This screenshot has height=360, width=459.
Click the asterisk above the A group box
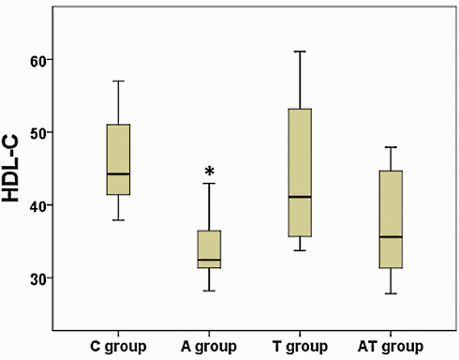pos(210,172)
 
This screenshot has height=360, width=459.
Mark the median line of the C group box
pos(118,173)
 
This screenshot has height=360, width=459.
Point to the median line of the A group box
pos(209,260)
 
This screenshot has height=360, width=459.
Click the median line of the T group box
pos(300,197)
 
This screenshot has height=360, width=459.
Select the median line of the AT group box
pos(391,237)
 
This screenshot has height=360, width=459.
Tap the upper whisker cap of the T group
pos(300,52)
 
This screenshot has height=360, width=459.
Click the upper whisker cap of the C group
pos(118,81)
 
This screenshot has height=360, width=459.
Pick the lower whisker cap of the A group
pos(209,291)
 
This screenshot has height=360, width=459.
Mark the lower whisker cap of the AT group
pos(391,293)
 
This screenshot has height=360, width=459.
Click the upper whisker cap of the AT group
pos(391,147)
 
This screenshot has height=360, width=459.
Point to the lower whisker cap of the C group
pos(118,219)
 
